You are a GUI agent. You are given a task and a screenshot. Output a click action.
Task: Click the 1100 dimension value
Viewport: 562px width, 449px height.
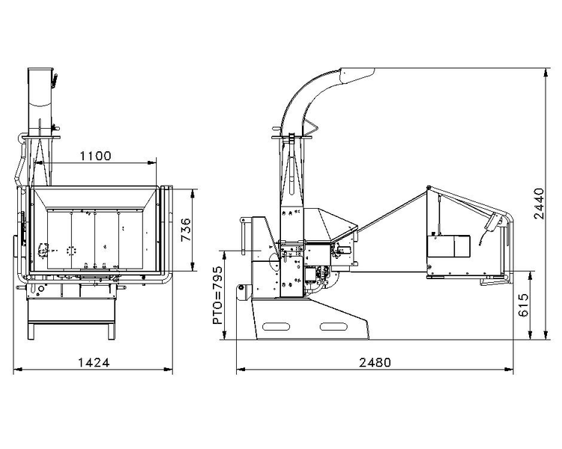(95, 156)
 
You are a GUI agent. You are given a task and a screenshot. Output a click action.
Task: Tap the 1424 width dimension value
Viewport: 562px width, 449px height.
(94, 363)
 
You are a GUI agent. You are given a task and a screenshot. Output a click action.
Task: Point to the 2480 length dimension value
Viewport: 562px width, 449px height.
(375, 363)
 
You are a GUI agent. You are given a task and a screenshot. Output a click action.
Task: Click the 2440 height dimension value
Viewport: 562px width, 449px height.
(538, 204)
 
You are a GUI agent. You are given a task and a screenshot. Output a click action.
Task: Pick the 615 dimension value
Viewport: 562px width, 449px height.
(524, 305)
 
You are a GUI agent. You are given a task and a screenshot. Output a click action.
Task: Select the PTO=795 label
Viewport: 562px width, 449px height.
(217, 295)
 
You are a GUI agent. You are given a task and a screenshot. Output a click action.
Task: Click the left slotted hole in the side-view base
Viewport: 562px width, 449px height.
(276, 326)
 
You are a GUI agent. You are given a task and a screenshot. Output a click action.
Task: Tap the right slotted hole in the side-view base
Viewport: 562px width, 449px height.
(333, 326)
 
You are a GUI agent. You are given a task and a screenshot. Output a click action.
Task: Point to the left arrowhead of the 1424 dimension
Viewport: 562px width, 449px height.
(17, 369)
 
